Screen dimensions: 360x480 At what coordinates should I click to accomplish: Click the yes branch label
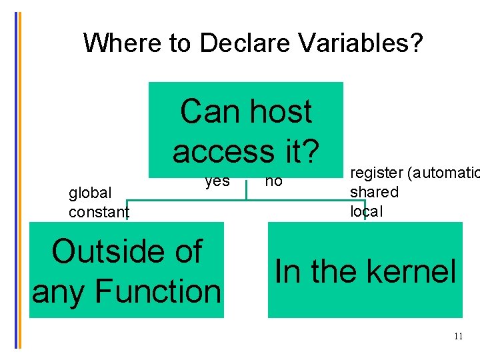pos(217,181)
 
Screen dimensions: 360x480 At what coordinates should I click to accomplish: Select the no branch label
pos(273,181)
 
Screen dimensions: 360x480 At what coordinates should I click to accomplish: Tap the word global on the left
pos(90,193)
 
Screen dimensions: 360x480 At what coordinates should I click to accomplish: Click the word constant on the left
pos(99,213)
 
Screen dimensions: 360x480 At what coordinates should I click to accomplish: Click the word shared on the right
pos(374,192)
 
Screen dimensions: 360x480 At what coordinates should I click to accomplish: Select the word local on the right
pos(367,211)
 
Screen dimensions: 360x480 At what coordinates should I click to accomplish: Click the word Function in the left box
pos(157,291)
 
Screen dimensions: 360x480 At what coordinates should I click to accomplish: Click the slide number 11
pos(458,337)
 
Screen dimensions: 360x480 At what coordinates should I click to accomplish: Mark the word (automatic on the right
pos(439,173)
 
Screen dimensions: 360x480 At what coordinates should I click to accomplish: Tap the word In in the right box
pos(287,272)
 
